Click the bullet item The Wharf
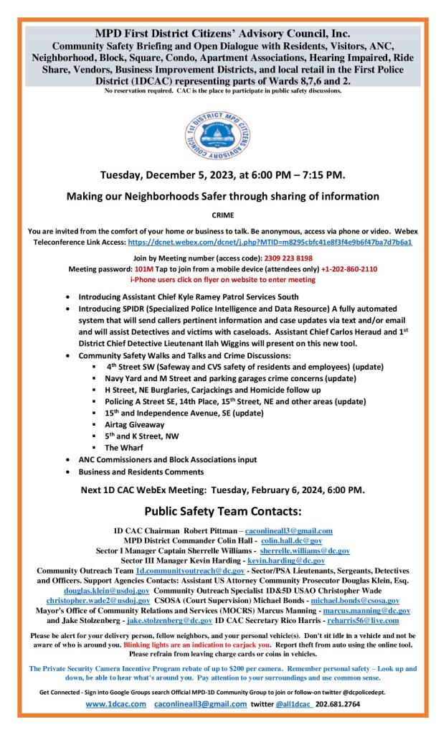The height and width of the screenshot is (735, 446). click(x=120, y=447)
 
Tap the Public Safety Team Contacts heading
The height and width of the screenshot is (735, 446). click(x=222, y=512)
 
